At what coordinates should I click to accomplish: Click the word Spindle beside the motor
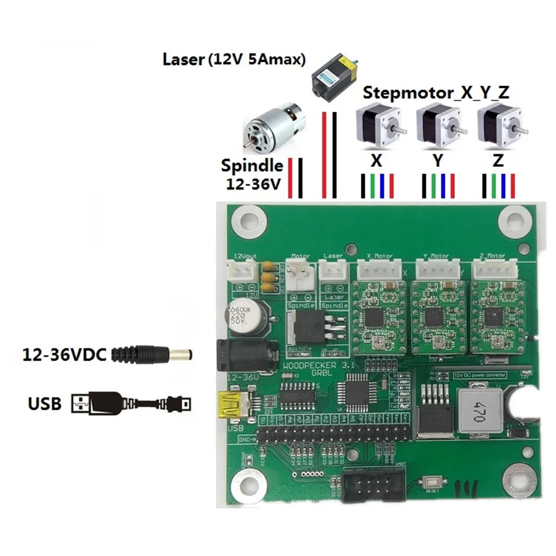[252, 166]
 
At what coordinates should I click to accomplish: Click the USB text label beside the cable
[44, 402]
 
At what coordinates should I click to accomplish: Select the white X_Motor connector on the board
[380, 270]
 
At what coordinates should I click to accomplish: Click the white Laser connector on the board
[332, 271]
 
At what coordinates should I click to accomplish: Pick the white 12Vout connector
[240, 271]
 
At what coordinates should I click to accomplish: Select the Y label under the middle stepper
[438, 161]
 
